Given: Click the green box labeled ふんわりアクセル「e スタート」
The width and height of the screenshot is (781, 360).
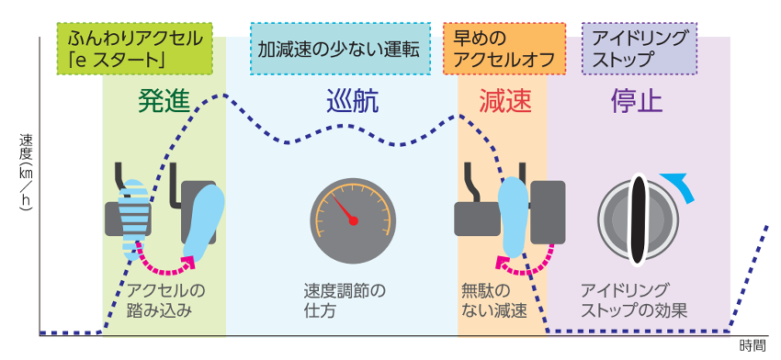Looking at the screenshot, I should [137, 49].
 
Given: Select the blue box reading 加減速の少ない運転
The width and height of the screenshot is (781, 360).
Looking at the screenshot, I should [339, 49].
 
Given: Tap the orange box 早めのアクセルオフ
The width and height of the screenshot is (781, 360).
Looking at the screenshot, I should [504, 49].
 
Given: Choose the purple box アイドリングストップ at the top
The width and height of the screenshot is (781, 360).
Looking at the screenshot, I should [640, 49].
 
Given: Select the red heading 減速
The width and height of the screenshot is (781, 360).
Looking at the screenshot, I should [504, 100].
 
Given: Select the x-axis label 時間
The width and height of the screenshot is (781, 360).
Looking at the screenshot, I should [751, 346].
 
